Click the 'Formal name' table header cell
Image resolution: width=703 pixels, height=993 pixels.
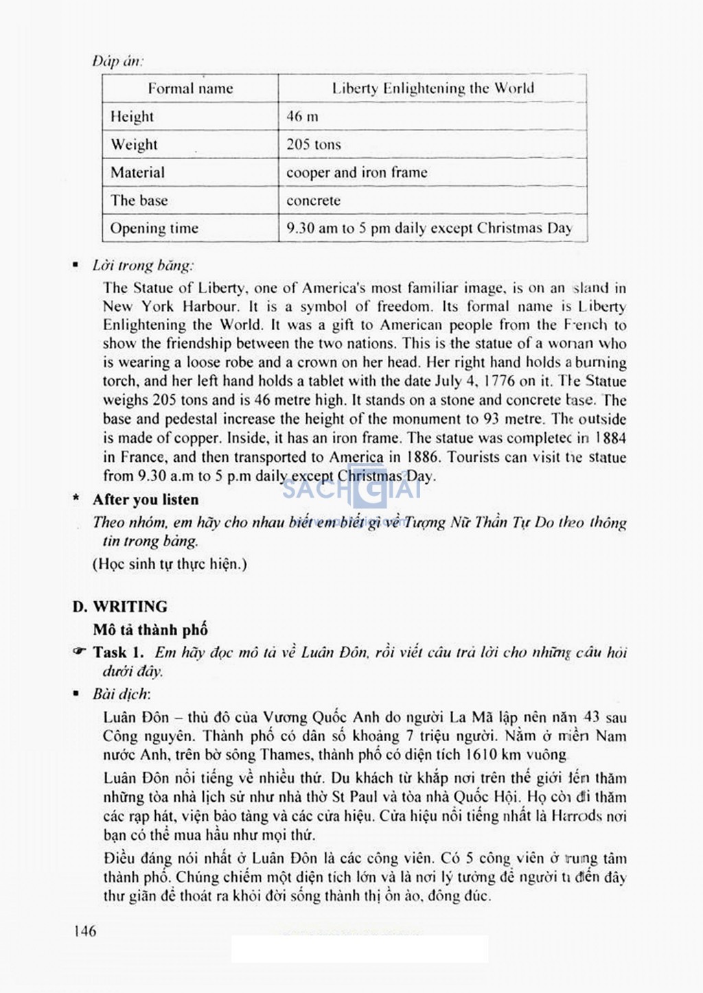click(190, 89)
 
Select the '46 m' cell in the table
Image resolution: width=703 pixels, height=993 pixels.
click(302, 117)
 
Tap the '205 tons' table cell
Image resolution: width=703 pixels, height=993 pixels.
click(313, 145)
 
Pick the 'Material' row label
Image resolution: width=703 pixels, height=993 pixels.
click(137, 173)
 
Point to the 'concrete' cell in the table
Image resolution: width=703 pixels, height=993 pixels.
click(313, 201)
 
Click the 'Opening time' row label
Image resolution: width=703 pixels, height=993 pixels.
click(154, 229)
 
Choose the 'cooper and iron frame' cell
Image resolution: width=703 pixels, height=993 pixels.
click(356, 173)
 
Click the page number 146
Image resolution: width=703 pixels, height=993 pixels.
click(83, 931)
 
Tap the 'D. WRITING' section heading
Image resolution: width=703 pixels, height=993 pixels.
click(120, 607)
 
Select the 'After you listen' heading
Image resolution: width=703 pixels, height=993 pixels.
click(146, 500)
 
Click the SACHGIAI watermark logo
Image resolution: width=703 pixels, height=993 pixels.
click(351, 490)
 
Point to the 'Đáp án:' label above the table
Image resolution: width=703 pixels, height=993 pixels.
click(117, 61)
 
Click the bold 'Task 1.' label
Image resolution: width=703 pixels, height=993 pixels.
click(118, 652)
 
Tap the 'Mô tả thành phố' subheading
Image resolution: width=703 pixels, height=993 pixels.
click(150, 629)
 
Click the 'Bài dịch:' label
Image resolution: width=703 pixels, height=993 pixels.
click(122, 694)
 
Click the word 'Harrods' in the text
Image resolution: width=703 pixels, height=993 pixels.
click(577, 817)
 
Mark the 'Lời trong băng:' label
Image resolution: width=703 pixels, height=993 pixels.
click(143, 266)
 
